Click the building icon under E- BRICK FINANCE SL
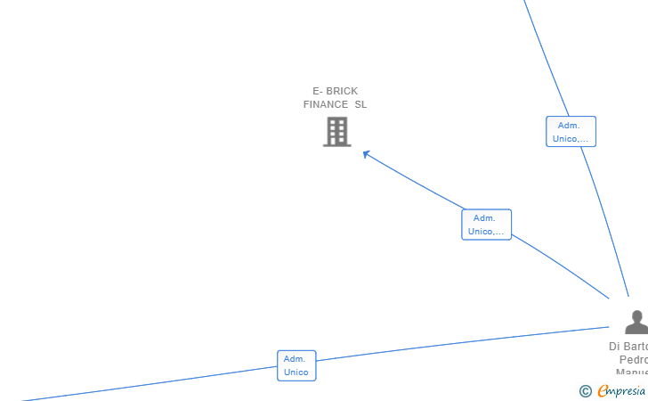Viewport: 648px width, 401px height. click(336, 132)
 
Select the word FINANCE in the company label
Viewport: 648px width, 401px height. click(326, 104)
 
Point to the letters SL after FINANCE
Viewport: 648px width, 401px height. click(360, 104)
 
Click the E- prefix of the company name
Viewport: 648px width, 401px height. click(318, 91)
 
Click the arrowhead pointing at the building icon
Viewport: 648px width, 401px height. click(366, 154)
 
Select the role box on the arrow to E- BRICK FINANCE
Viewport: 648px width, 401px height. click(486, 225)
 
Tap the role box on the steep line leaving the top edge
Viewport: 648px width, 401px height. click(571, 131)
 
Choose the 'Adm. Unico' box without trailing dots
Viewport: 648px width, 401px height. click(296, 365)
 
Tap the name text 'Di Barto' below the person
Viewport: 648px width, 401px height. click(628, 346)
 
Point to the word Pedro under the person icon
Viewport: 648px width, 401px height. click(634, 359)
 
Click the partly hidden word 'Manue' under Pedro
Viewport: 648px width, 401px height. click(633, 372)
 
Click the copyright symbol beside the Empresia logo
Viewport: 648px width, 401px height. click(585, 390)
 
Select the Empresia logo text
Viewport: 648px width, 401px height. click(622, 390)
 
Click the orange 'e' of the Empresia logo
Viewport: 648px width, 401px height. click(603, 390)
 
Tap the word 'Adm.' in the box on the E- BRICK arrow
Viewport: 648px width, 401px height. click(484, 218)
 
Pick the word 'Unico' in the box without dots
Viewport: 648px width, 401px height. click(296, 372)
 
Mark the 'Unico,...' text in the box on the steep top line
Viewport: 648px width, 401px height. click(571, 138)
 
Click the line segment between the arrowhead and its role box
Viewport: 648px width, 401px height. click(414, 184)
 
